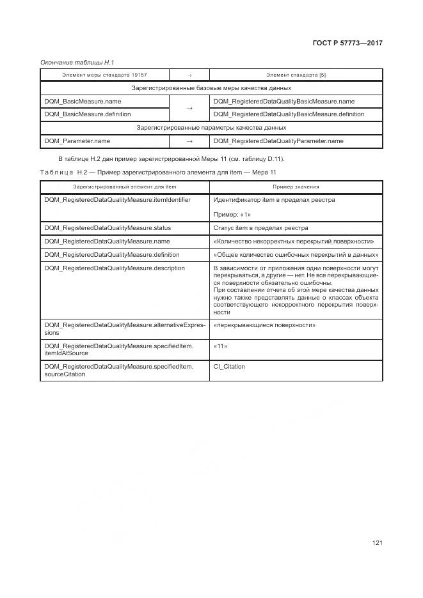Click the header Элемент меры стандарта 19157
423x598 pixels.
pyautogui.click(x=104, y=75)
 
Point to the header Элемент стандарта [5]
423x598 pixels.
pyautogui.click(x=296, y=75)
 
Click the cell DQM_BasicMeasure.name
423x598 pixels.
pyautogui.click(x=83, y=101)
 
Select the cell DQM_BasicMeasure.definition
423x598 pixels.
pyautogui.click(x=87, y=114)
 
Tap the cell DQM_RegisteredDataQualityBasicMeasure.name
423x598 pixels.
pyautogui.click(x=283, y=101)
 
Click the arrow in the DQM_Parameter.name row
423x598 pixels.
pyautogui.click(x=189, y=141)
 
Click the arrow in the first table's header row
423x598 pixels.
pyautogui.click(x=189, y=75)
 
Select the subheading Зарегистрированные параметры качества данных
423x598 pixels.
pyautogui.click(x=211, y=128)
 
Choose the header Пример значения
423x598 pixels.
pyautogui.click(x=296, y=187)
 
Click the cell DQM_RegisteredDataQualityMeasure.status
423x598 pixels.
pyautogui.click(x=108, y=227)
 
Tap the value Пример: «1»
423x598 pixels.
pyautogui.click(x=232, y=215)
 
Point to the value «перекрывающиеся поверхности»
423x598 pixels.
pyautogui.click(x=264, y=325)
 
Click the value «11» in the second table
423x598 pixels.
pyautogui.click(x=221, y=346)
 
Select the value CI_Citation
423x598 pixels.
pyautogui.click(x=229, y=367)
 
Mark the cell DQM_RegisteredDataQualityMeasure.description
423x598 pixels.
pyautogui.click(x=114, y=268)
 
